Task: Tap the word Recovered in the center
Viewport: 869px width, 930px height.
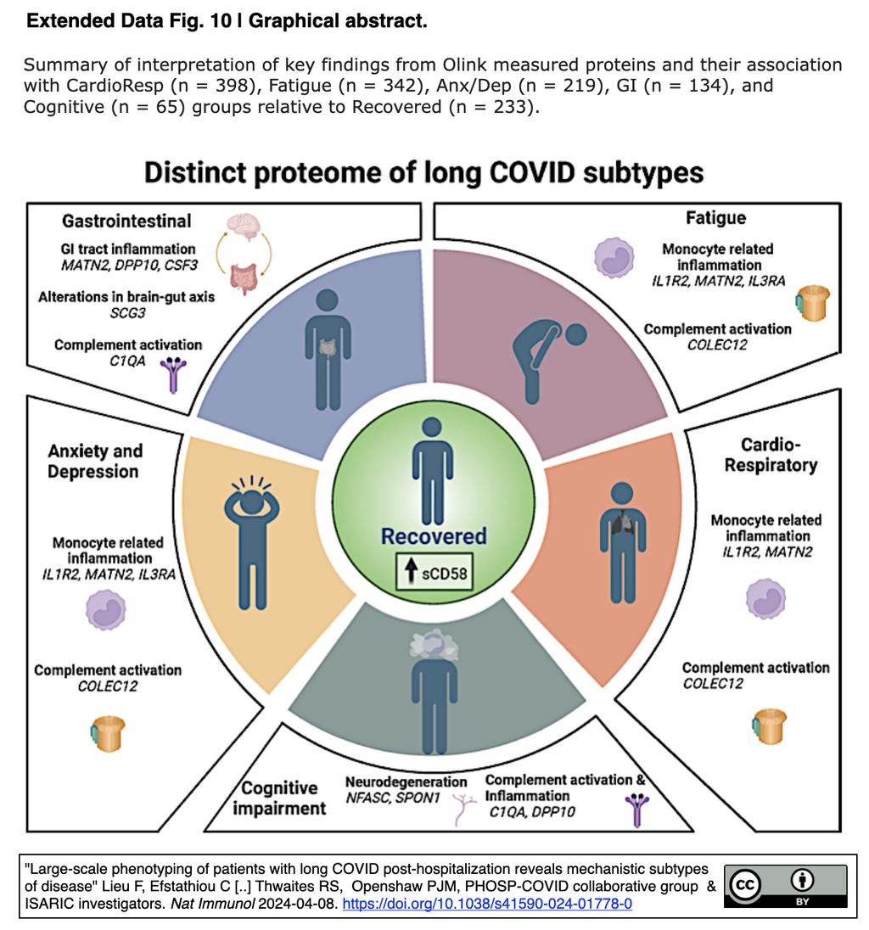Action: point(434,536)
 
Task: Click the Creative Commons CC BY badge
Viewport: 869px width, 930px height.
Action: point(785,888)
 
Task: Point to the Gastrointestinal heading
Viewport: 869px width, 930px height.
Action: point(126,221)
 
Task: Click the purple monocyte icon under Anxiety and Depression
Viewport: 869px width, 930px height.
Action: point(106,610)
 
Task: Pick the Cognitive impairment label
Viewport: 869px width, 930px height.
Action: point(278,798)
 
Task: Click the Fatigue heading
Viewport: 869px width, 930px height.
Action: point(715,218)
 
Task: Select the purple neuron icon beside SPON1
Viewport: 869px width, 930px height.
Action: point(463,810)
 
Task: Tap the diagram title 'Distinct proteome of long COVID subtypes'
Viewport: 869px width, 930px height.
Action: point(423,172)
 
